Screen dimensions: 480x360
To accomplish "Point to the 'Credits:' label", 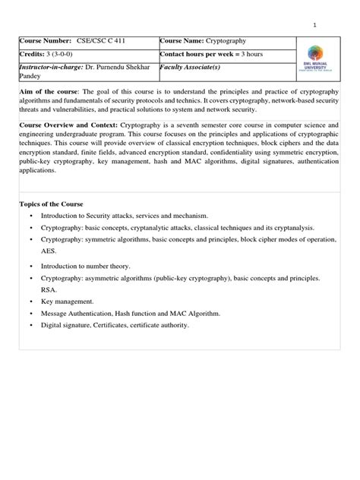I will click(32, 55).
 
